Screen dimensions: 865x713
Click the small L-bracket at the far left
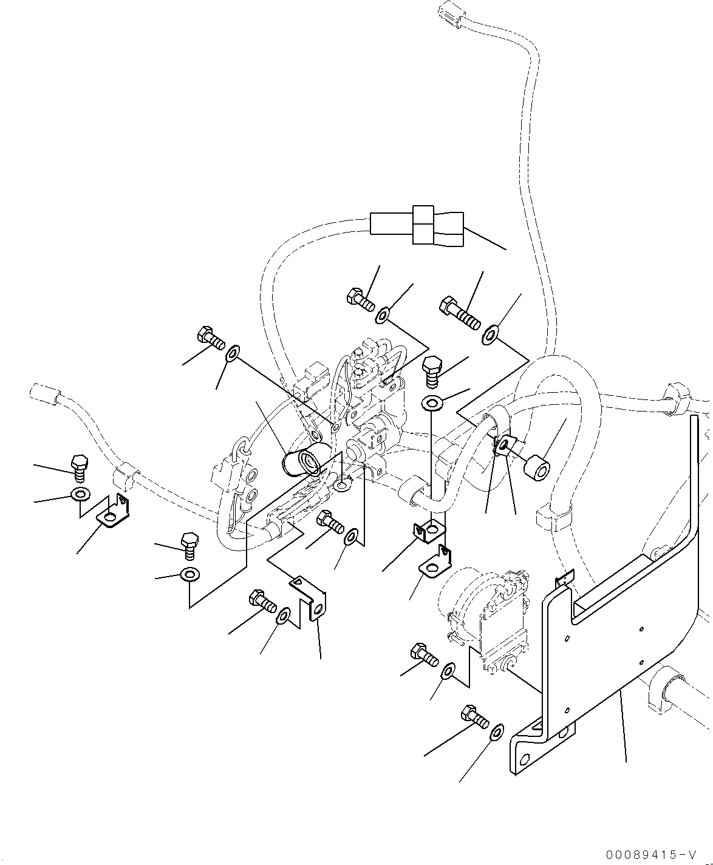click(114, 512)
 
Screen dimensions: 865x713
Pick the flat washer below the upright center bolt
click(432, 403)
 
